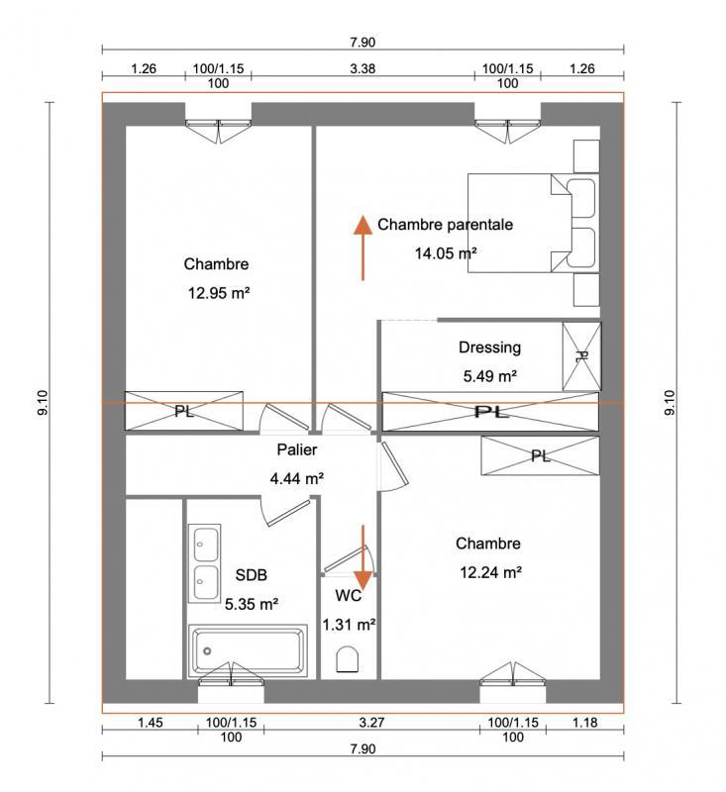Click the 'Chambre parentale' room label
click(445, 225)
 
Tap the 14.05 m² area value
click(446, 252)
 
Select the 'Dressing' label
click(489, 347)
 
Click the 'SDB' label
click(251, 574)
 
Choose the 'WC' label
click(348, 596)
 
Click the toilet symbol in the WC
click(348, 659)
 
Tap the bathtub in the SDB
click(247, 650)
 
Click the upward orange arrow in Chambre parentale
click(363, 247)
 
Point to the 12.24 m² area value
click(489, 571)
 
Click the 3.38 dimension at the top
click(363, 69)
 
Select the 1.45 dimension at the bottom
click(150, 723)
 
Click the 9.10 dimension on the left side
click(41, 401)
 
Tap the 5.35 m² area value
click(251, 602)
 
